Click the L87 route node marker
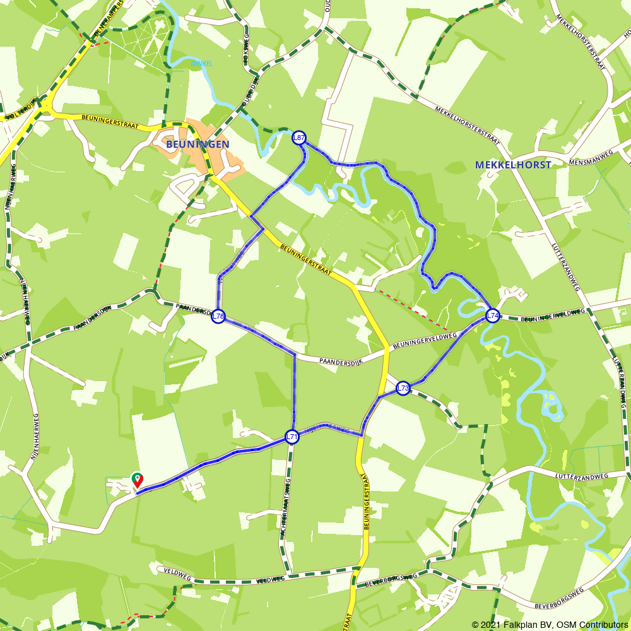pyautogui.click(x=299, y=138)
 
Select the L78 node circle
pyautogui.click(x=218, y=316)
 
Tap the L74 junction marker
pyautogui.click(x=492, y=315)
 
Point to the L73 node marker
pyautogui.click(x=403, y=388)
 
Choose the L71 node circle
pyautogui.click(x=292, y=437)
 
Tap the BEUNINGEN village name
pyautogui.click(x=198, y=144)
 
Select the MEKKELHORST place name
pyautogui.click(x=513, y=165)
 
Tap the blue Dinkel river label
pyautogui.click(x=201, y=63)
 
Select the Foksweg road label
pyautogui.click(x=246, y=50)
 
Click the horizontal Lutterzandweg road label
pyautogui.click(x=582, y=476)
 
